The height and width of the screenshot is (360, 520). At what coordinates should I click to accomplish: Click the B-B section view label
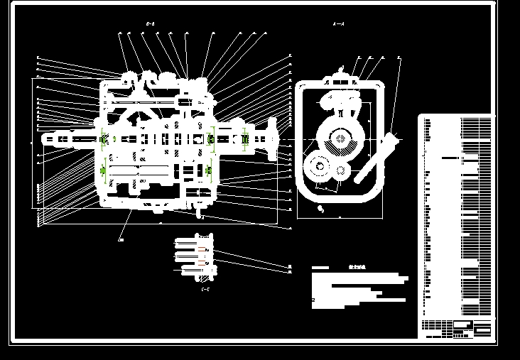[x=150, y=24]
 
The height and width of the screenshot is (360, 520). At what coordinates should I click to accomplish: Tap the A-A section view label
[x=339, y=24]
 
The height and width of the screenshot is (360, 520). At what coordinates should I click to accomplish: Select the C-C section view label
[x=205, y=289]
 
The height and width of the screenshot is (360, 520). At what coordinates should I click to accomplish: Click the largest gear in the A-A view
[x=341, y=139]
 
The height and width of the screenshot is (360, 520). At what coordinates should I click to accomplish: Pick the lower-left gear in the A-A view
[x=318, y=168]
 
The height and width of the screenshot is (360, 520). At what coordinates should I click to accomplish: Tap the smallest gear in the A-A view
[x=342, y=170]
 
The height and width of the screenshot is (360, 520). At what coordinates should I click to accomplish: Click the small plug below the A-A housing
[x=321, y=209]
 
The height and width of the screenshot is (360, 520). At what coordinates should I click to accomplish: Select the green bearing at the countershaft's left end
[x=105, y=170]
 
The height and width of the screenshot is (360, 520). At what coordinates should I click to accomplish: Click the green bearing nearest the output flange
[x=244, y=139]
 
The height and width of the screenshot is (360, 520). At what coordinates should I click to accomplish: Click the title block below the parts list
[x=455, y=328]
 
